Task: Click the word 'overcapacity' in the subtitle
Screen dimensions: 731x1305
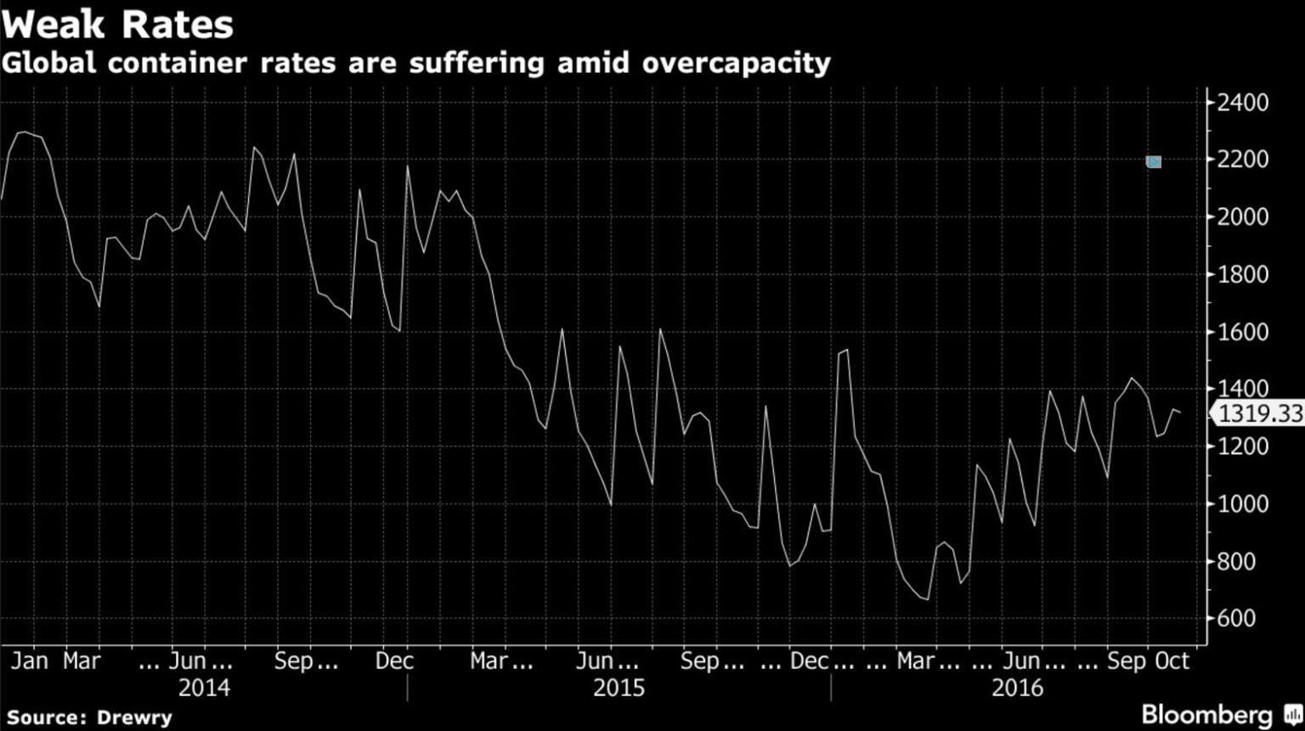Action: [736, 63]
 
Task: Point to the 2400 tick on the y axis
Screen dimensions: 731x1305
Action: [1242, 103]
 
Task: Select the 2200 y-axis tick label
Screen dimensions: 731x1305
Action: [1242, 160]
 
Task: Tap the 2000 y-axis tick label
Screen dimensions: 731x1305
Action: [1242, 216]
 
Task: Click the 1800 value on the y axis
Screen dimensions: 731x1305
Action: [1242, 274]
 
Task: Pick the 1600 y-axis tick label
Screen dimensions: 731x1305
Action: [1242, 332]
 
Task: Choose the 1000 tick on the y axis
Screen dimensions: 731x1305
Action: [1242, 503]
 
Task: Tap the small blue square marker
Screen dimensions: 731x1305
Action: [1153, 161]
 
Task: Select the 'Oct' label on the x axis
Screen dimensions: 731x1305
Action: [1173, 661]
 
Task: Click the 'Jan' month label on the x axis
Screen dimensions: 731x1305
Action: [29, 661]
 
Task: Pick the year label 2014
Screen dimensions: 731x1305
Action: [204, 687]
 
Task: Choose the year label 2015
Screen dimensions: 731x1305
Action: [619, 687]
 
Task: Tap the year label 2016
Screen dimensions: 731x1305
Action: [1017, 687]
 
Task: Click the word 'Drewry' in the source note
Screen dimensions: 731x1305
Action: [134, 717]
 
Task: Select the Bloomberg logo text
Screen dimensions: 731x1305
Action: [1206, 715]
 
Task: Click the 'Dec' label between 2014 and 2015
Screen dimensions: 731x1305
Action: [394, 661]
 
